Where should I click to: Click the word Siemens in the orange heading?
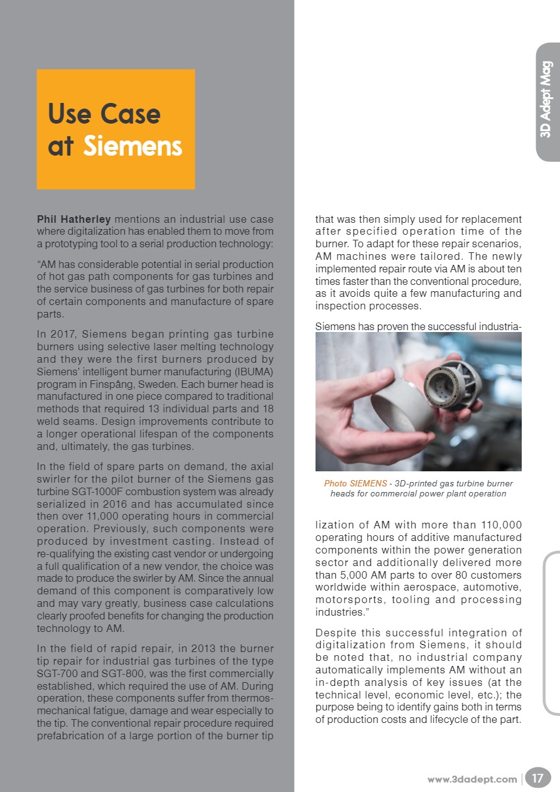(x=132, y=146)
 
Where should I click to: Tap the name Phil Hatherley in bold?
(x=73, y=219)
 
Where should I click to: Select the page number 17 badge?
(x=538, y=779)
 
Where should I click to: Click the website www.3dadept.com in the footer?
(x=472, y=779)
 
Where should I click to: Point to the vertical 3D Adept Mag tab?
(x=546, y=99)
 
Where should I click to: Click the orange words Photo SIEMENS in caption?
(x=355, y=483)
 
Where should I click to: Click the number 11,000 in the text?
(x=121, y=516)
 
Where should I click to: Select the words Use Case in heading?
(x=104, y=114)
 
